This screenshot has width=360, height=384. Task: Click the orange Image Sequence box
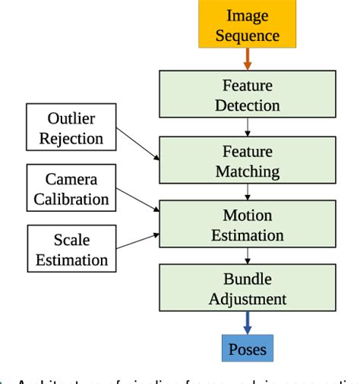pos(248,25)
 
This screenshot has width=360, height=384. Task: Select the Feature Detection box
pos(247,95)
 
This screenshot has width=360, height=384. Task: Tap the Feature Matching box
pos(247,162)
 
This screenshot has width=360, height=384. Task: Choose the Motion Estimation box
pos(247,225)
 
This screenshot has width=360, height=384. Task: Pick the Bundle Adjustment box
pos(247,288)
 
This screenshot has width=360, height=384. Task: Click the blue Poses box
pos(248,348)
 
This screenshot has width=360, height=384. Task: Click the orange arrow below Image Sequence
pos(248,59)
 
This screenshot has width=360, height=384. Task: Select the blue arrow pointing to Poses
pos(248,323)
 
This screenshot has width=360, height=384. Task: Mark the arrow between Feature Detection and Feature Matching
pos(248,127)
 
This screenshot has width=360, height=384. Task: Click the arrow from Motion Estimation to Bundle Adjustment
pos(248,256)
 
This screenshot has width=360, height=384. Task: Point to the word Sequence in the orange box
pos(248,35)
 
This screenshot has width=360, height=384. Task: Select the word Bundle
pos(248,279)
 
